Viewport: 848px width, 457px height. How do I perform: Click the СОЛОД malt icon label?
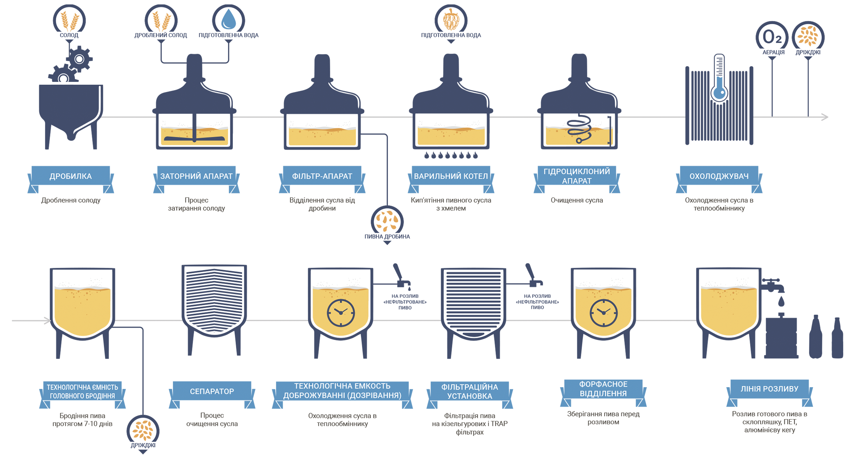pyautogui.click(x=69, y=35)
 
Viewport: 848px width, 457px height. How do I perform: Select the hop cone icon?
pyautogui.click(x=451, y=20)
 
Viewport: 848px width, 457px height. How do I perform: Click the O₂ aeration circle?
pyautogui.click(x=772, y=37)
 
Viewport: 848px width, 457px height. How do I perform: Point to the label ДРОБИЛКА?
pyautogui.click(x=71, y=176)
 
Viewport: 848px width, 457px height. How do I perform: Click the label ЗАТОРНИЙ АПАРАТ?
pyautogui.click(x=196, y=176)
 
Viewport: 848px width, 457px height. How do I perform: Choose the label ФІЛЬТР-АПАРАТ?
pyautogui.click(x=322, y=176)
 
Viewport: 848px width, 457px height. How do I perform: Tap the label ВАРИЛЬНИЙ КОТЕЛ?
pyautogui.click(x=451, y=176)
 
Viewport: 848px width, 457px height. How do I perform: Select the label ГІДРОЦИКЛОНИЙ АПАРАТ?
pyautogui.click(x=577, y=176)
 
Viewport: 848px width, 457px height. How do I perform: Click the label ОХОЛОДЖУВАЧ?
pyautogui.click(x=719, y=176)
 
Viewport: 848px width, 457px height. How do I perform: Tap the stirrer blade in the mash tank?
pyautogui.click(x=194, y=138)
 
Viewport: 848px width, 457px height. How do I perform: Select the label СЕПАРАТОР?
pyautogui.click(x=212, y=392)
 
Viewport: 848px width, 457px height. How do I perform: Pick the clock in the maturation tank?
pyautogui.click(x=341, y=313)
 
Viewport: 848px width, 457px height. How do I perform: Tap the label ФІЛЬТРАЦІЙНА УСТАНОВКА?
pyautogui.click(x=469, y=392)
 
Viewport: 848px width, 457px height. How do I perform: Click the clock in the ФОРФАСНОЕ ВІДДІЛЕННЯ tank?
pyautogui.click(x=603, y=313)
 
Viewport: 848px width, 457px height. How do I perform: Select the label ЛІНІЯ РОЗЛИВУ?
pyautogui.click(x=769, y=389)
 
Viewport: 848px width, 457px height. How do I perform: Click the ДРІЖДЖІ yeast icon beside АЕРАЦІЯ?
pyautogui.click(x=808, y=37)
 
